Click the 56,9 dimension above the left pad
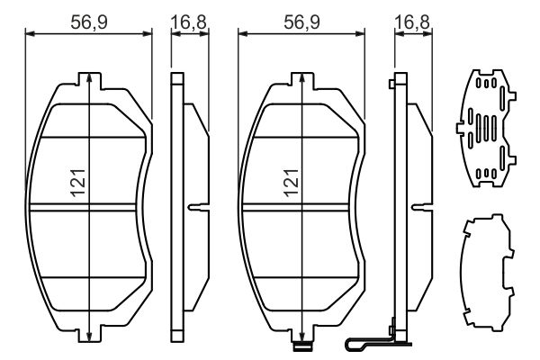[x=89, y=17]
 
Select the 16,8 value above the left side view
[x=186, y=17]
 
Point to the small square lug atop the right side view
[x=391, y=85]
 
